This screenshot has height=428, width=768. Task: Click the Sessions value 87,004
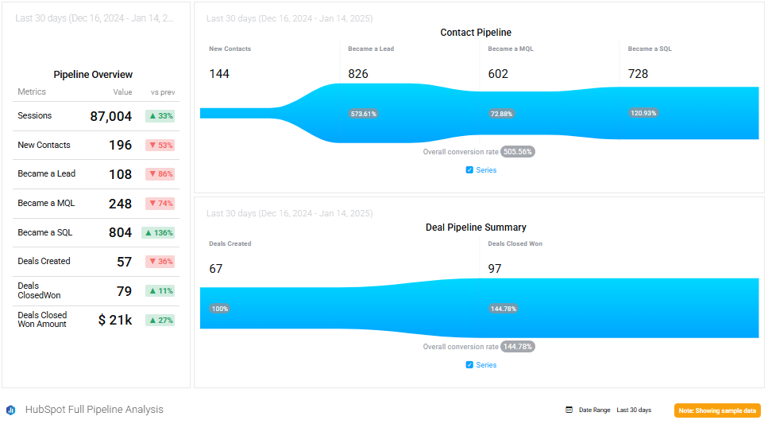pyautogui.click(x=110, y=116)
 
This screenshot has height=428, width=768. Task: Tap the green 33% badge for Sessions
pyautogui.click(x=160, y=116)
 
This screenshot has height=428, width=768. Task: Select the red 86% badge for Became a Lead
pyautogui.click(x=160, y=174)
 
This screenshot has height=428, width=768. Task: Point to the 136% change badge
pyautogui.click(x=158, y=233)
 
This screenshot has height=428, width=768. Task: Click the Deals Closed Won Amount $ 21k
pyautogui.click(x=115, y=320)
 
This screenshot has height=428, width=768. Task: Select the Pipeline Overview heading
pyautogui.click(x=93, y=75)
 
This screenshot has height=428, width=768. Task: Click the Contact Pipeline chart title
pyautogui.click(x=476, y=33)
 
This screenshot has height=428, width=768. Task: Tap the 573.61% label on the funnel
pyautogui.click(x=363, y=114)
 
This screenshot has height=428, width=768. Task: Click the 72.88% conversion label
pyautogui.click(x=502, y=114)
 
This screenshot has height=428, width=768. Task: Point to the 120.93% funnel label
pyautogui.click(x=643, y=113)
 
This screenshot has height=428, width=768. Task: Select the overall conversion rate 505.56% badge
pyautogui.click(x=518, y=151)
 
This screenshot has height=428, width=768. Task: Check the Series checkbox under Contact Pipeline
pyautogui.click(x=469, y=169)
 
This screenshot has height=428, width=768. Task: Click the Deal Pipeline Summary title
pyautogui.click(x=476, y=228)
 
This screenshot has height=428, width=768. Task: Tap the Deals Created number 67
pyautogui.click(x=216, y=269)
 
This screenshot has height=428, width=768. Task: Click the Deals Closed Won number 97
pyautogui.click(x=495, y=269)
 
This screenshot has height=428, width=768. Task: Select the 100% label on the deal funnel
pyautogui.click(x=219, y=309)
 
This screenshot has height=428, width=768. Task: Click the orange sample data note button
pyautogui.click(x=717, y=410)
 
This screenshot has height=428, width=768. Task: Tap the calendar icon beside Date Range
pyautogui.click(x=569, y=410)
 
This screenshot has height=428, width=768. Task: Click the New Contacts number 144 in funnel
pyautogui.click(x=219, y=74)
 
